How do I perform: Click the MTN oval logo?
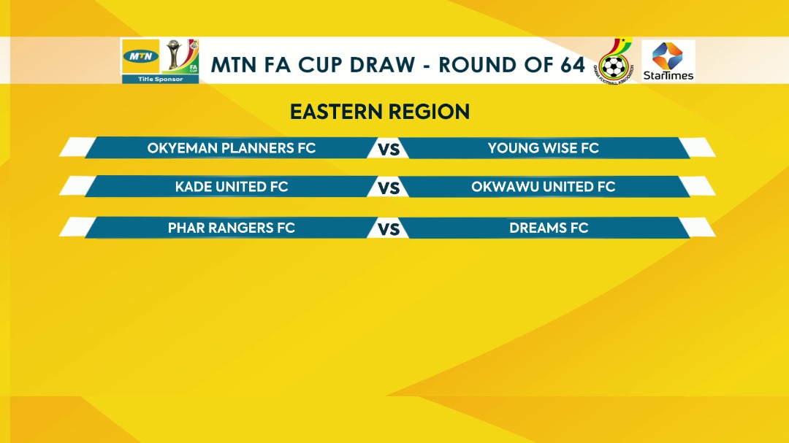[141, 55]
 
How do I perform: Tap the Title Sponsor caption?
[161, 79]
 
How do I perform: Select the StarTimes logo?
[668, 61]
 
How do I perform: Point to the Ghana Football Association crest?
[614, 61]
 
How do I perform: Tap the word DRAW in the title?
[382, 65]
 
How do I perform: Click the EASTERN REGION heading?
[380, 112]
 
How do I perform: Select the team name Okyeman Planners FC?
[232, 148]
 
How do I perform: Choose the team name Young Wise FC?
[544, 148]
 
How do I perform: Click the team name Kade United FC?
[232, 187]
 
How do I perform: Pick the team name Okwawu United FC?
[544, 187]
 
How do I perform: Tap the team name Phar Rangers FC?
[232, 228]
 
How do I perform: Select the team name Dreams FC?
[549, 228]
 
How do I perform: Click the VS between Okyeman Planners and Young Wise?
[389, 149]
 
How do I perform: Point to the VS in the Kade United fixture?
[389, 188]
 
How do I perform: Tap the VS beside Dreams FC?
[389, 229]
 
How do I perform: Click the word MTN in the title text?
[234, 65]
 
